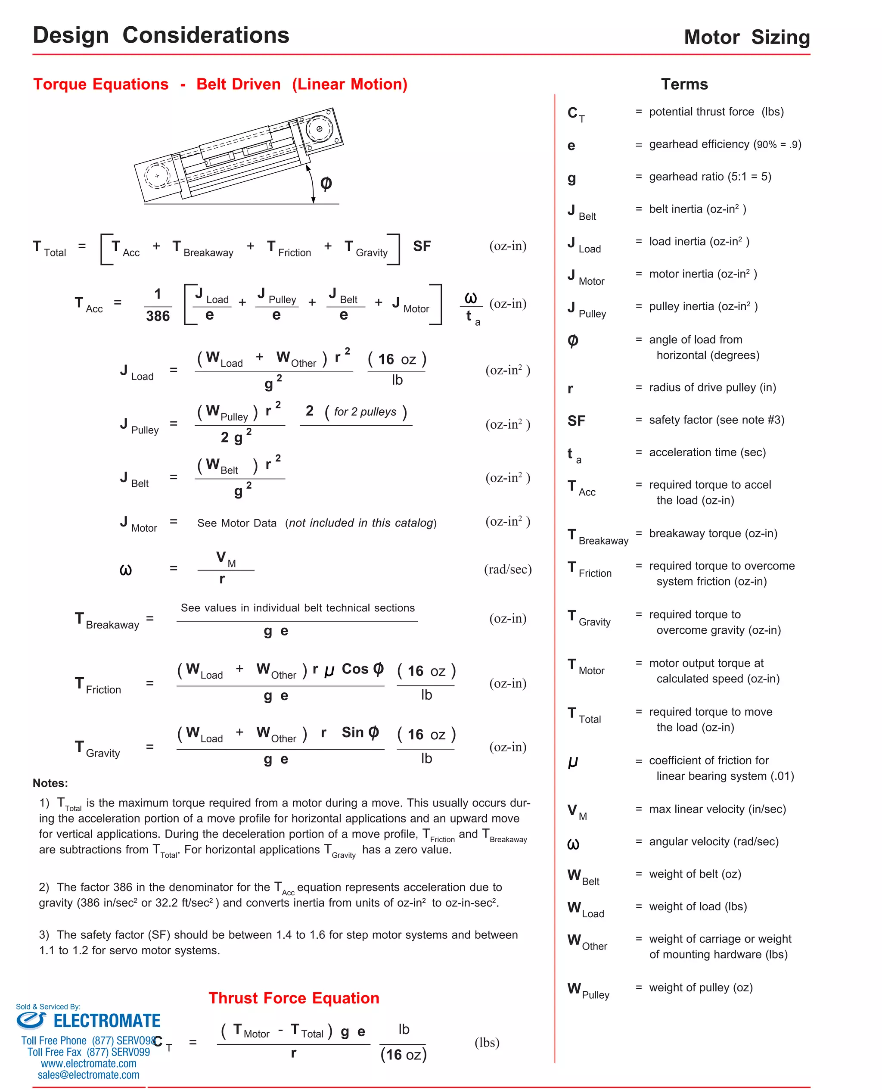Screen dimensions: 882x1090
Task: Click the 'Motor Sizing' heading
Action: [746, 37]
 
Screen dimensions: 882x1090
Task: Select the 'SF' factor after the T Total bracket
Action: [421, 246]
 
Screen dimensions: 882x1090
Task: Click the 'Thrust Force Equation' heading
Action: [294, 998]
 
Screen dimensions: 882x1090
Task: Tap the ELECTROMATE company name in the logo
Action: [107, 1021]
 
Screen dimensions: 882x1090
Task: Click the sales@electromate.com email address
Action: [88, 1075]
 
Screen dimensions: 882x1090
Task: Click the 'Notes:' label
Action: [50, 783]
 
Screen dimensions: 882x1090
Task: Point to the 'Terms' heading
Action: [684, 84]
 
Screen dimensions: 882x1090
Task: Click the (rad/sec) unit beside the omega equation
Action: [508, 569]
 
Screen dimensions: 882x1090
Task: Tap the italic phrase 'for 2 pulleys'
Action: [365, 411]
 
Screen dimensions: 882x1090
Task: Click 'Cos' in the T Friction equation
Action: [354, 669]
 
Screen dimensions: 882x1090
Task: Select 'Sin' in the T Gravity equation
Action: [353, 732]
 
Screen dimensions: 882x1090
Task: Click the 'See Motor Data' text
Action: [237, 523]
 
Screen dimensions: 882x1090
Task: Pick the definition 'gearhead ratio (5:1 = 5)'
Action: [710, 176]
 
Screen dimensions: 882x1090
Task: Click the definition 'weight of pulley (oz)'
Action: [701, 987]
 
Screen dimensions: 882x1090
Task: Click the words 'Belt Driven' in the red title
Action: [238, 84]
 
